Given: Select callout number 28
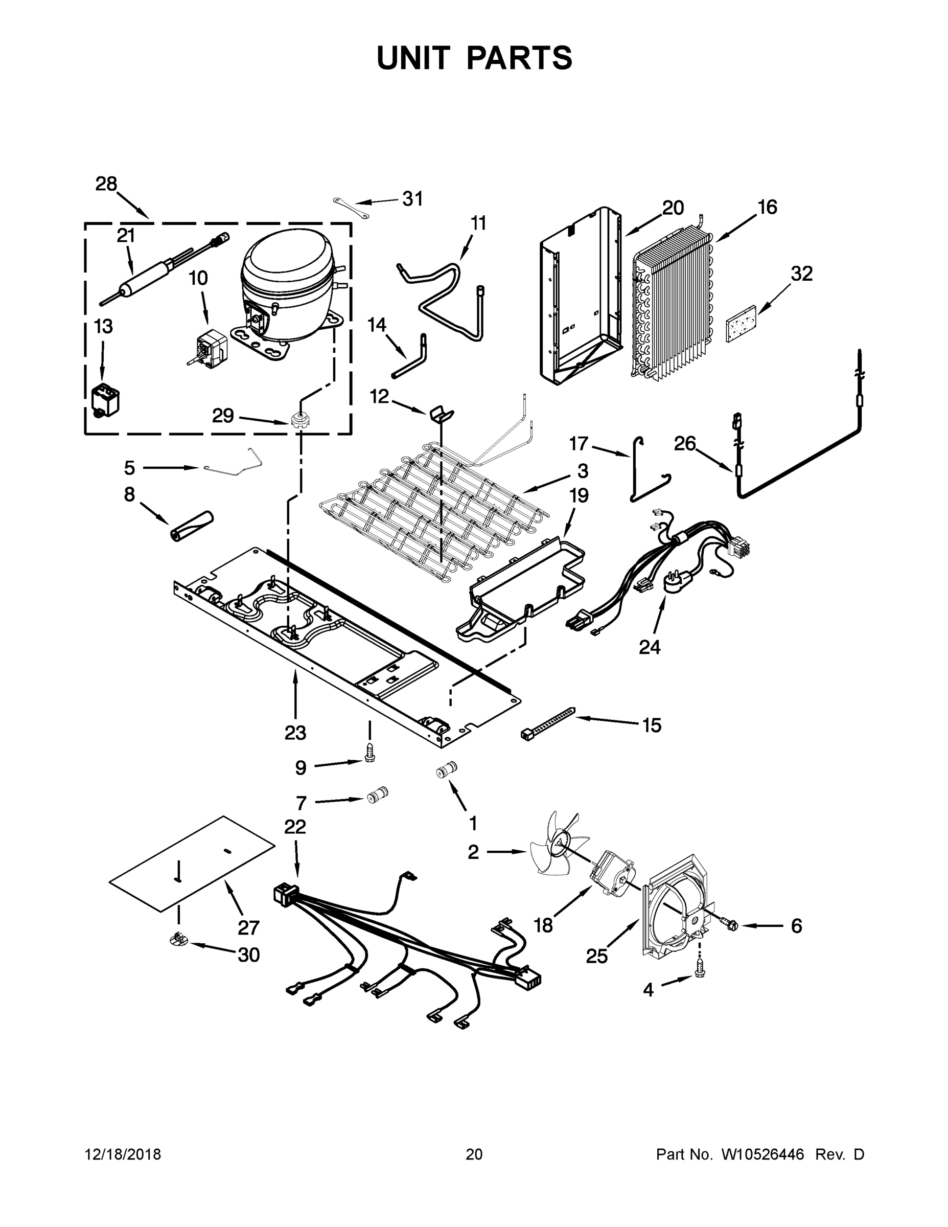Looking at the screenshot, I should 106,184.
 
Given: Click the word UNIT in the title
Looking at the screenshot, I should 413,58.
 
